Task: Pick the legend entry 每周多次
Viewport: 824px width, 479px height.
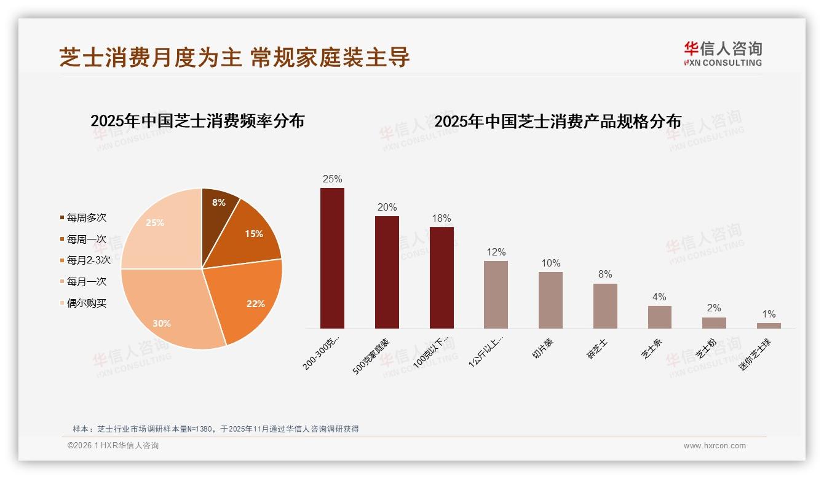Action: (x=86, y=218)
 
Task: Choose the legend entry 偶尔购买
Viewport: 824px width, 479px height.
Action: (x=86, y=303)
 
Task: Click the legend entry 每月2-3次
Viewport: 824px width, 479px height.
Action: (x=88, y=260)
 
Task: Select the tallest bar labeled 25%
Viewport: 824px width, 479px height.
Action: (x=332, y=258)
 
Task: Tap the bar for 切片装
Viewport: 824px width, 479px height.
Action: (x=550, y=300)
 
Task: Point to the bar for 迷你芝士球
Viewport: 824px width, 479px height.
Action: (x=769, y=325)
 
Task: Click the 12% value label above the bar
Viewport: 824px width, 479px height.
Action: (x=496, y=252)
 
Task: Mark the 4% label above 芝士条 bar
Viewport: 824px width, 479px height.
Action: (x=659, y=297)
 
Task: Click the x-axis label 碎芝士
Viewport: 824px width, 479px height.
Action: (x=597, y=348)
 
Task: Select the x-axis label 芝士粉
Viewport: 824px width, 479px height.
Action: (x=706, y=348)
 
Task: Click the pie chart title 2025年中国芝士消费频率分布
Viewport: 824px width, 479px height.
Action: (x=197, y=121)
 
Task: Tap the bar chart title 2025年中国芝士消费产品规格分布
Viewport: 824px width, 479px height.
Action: (x=558, y=122)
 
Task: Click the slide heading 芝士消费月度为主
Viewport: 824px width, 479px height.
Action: (x=151, y=57)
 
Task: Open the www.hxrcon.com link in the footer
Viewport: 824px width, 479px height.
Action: (x=715, y=446)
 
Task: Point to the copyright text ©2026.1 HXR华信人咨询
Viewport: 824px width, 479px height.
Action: (x=113, y=446)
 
